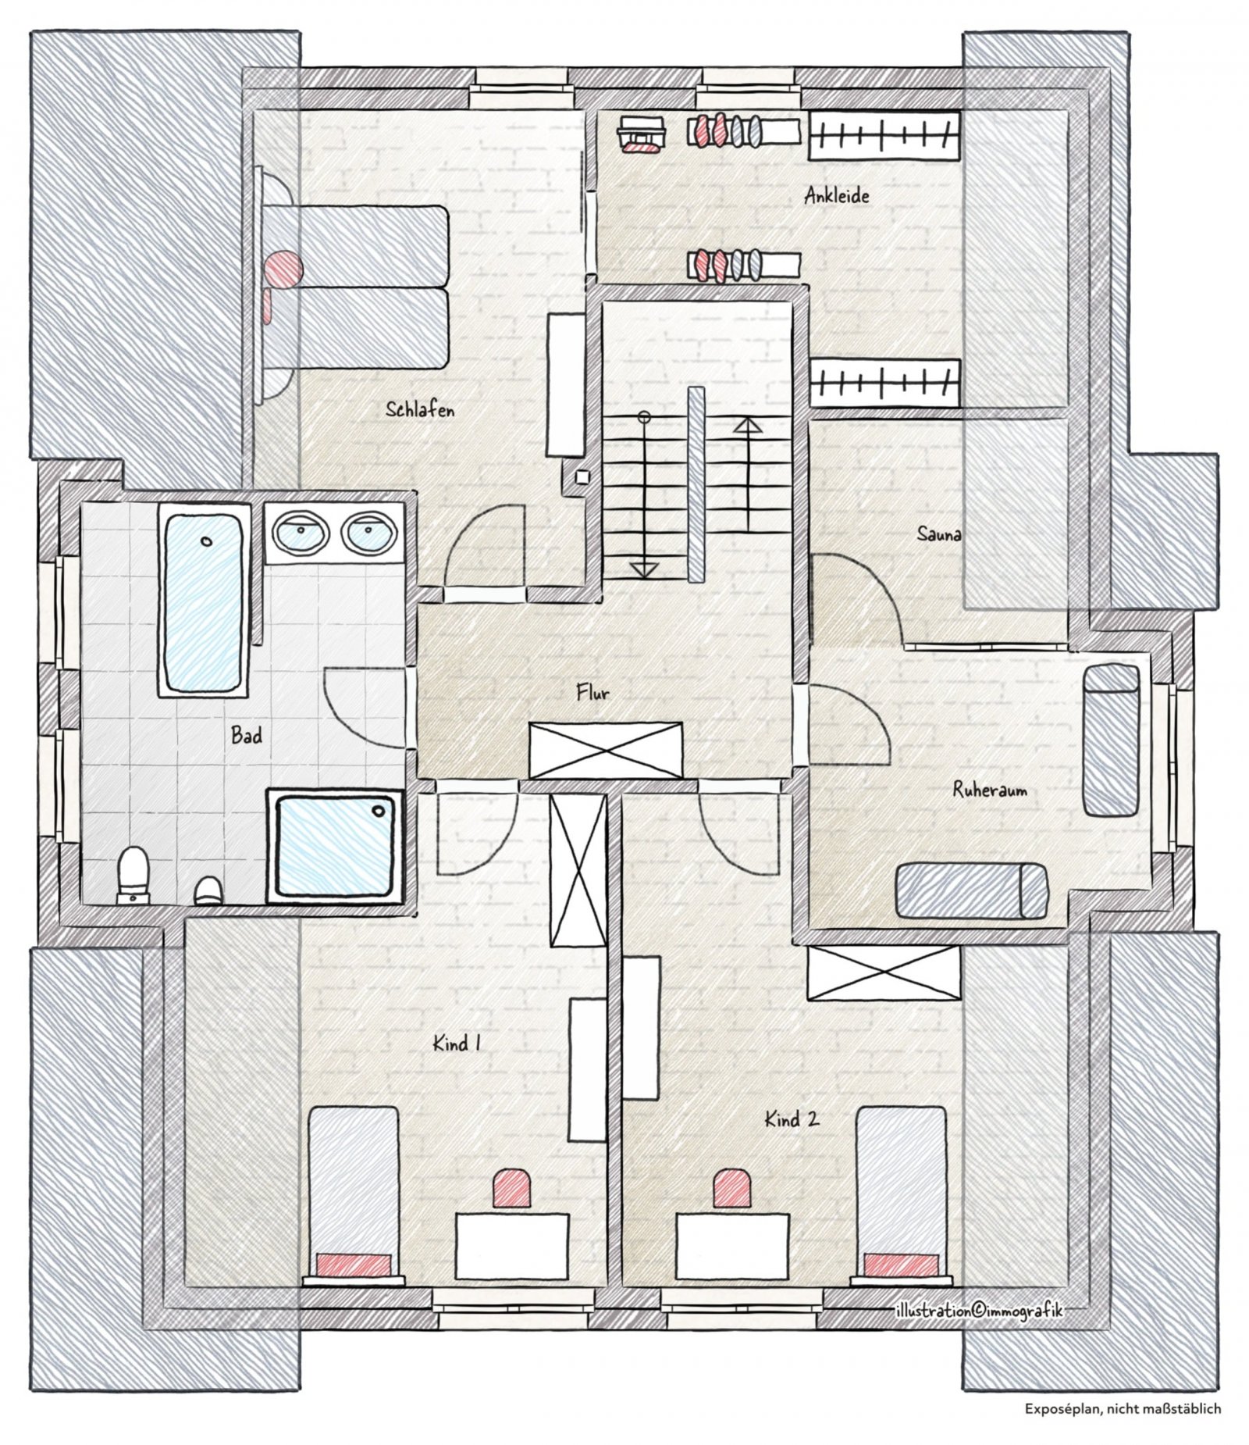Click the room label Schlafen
420,409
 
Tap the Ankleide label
837,195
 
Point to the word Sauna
938,534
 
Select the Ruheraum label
989,790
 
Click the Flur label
592,692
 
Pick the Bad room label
247,735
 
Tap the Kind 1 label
457,1043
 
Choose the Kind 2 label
792,1119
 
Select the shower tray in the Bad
335,846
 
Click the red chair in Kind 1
513,1191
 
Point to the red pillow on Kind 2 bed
902,1264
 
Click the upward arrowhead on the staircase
748,426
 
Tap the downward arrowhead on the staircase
643,569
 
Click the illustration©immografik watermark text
979,1310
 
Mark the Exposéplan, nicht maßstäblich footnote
1123,1409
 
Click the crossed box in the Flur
606,751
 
